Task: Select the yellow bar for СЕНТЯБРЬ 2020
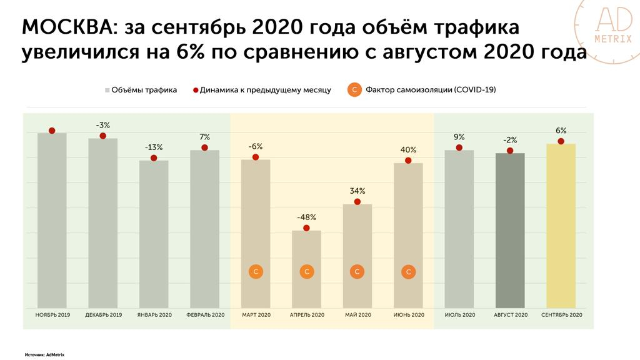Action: [x=561, y=225]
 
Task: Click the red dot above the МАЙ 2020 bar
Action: [x=357, y=202]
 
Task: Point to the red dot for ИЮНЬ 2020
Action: [x=408, y=161]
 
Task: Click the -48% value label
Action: [x=306, y=217]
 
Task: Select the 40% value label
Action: [x=408, y=150]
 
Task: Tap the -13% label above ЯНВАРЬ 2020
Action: [x=154, y=147]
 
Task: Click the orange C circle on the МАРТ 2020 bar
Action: [x=256, y=272]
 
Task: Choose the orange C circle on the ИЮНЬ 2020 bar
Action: [x=408, y=272]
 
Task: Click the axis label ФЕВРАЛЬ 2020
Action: [x=205, y=315]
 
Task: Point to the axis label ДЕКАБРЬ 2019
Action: [x=103, y=315]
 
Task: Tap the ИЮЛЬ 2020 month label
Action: [x=459, y=315]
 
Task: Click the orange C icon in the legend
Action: [x=354, y=90]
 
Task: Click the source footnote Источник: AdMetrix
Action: [x=45, y=354]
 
